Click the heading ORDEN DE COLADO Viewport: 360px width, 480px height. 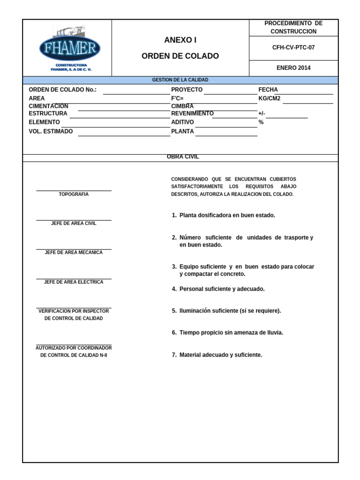point(180,56)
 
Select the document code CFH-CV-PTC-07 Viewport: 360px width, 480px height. point(293,47)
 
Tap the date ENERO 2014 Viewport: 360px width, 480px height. point(293,68)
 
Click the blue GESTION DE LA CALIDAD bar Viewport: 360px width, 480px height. point(180,80)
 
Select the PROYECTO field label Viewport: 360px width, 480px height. point(187,90)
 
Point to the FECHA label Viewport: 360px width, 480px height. point(268,90)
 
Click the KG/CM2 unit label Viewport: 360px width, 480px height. point(270,98)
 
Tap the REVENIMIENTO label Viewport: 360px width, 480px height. point(192,113)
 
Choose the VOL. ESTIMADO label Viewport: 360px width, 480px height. point(51,131)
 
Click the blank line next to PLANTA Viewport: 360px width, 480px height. point(226,135)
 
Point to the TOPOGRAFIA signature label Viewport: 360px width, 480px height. point(74,194)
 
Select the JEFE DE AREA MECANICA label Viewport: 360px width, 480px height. point(74,252)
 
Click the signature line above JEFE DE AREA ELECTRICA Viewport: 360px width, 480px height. point(74,278)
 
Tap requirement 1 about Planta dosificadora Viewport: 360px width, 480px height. point(224,215)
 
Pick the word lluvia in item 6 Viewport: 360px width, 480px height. point(274,333)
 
